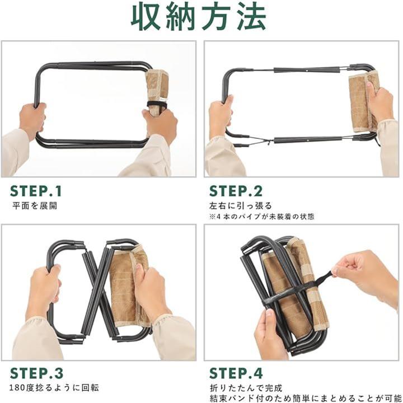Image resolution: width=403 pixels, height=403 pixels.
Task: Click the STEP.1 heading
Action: (36, 191)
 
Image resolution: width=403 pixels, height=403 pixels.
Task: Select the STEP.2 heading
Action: (236, 191)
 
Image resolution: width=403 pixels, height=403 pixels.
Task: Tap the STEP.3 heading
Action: (36, 373)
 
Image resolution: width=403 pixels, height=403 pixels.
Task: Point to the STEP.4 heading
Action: (236, 373)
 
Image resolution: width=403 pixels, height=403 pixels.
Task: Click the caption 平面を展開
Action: (35, 206)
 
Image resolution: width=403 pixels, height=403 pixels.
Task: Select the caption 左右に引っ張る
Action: (240, 206)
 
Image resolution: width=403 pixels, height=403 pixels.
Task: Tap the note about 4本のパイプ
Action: (261, 217)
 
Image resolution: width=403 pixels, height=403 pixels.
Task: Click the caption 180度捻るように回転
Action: (54, 388)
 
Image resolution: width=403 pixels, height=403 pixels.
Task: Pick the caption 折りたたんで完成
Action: (246, 388)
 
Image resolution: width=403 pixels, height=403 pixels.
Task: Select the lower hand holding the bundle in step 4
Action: (270, 334)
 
